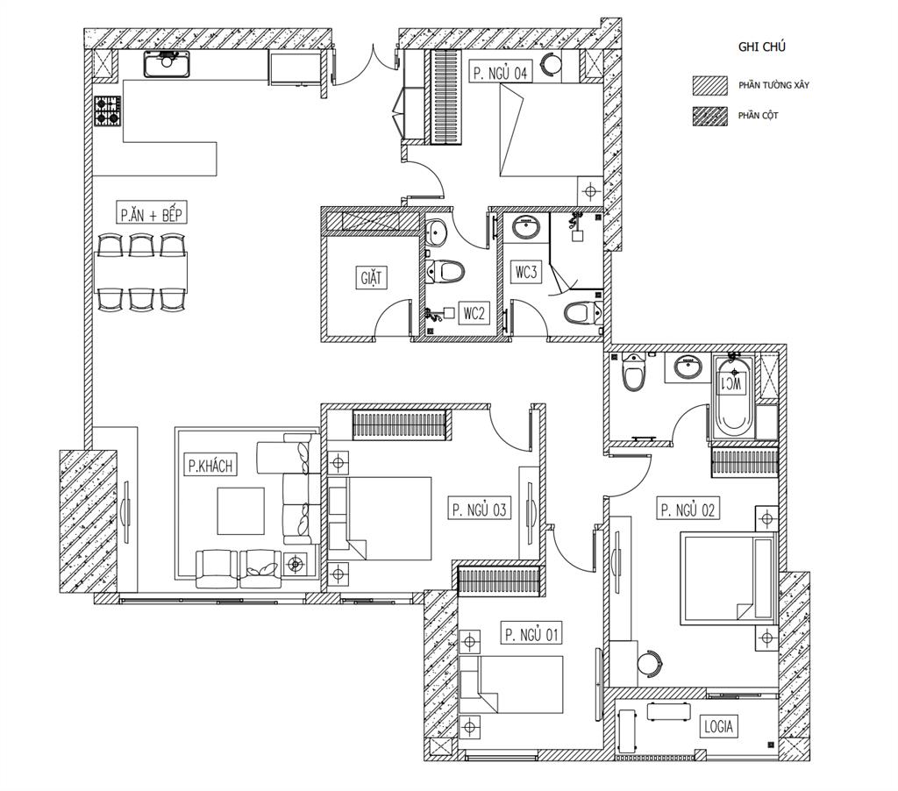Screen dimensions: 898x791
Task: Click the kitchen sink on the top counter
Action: (167, 63)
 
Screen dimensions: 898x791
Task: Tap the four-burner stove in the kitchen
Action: (107, 110)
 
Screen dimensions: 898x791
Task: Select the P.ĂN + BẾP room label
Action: (151, 214)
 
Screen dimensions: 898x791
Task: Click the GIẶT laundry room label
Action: (371, 278)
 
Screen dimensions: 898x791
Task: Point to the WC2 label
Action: (474, 313)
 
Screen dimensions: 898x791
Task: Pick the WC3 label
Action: (526, 272)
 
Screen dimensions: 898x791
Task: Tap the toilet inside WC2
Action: (445, 271)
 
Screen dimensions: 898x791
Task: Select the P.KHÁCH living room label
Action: (210, 465)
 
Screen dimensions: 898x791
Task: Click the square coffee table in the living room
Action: (240, 511)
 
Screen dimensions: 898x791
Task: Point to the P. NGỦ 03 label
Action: (479, 510)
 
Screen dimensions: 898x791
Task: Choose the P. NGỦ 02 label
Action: (688, 510)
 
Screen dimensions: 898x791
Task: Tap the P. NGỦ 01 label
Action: (531, 634)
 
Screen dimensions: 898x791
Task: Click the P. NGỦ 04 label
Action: (500, 72)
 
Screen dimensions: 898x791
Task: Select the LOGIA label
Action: (718, 726)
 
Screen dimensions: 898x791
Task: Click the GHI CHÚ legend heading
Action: (762, 47)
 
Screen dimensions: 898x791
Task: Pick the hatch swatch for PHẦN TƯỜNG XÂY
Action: (710, 85)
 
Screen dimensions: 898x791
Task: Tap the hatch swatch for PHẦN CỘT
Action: (710, 116)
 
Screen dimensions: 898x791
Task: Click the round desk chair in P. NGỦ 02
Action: (650, 664)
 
